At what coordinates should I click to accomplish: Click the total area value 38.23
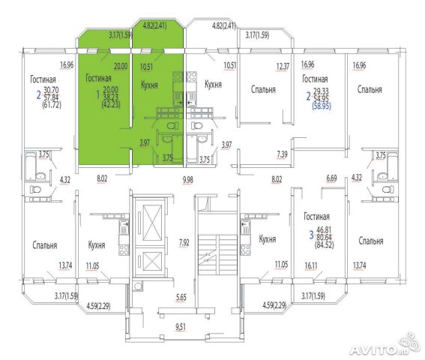click(111, 97)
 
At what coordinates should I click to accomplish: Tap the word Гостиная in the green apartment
click(98, 78)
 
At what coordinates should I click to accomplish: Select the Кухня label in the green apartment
click(149, 85)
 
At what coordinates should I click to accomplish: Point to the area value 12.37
click(283, 67)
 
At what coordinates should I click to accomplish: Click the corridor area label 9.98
click(188, 179)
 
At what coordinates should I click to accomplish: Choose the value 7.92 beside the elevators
click(184, 242)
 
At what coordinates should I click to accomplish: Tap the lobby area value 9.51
click(181, 327)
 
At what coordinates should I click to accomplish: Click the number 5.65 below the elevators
click(181, 297)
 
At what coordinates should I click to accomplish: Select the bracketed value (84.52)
click(324, 245)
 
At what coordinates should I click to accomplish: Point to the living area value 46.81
click(324, 230)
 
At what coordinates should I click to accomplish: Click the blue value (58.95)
click(322, 106)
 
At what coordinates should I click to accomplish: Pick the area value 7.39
click(282, 154)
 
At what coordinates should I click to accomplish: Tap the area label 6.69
click(331, 178)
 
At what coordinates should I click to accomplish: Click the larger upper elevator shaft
click(152, 223)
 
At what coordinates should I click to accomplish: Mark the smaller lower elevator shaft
click(152, 261)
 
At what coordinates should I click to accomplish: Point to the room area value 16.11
click(310, 265)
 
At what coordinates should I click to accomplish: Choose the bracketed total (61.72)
click(52, 104)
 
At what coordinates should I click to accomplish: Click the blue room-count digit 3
click(311, 235)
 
